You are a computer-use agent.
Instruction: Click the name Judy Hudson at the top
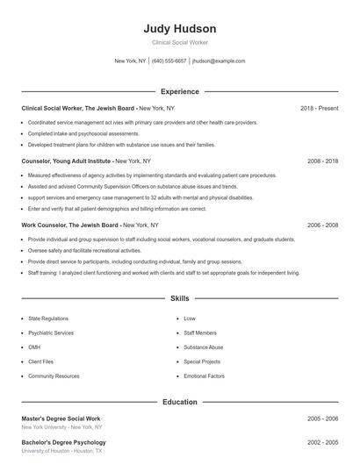point(179,28)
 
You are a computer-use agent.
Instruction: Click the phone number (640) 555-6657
point(169,61)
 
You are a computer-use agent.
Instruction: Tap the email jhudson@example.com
point(219,61)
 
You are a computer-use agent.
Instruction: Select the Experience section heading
point(179,91)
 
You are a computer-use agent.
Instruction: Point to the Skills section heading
point(179,298)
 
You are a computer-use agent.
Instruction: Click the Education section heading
point(179,402)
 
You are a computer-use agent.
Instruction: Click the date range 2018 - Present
point(319,108)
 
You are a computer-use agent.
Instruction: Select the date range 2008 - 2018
point(322,161)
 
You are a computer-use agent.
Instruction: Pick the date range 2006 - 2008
point(322,225)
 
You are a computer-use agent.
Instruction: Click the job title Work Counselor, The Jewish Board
point(68,225)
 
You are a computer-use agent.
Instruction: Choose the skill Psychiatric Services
point(51,333)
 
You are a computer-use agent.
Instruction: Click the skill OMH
point(35,347)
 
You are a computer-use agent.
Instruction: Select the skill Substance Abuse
point(203,347)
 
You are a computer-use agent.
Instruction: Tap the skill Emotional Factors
point(204,376)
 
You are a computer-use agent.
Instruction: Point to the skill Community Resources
point(54,376)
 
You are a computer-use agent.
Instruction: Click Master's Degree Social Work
point(61,418)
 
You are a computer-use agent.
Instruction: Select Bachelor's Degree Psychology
point(63,442)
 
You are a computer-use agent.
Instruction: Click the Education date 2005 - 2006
point(322,418)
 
